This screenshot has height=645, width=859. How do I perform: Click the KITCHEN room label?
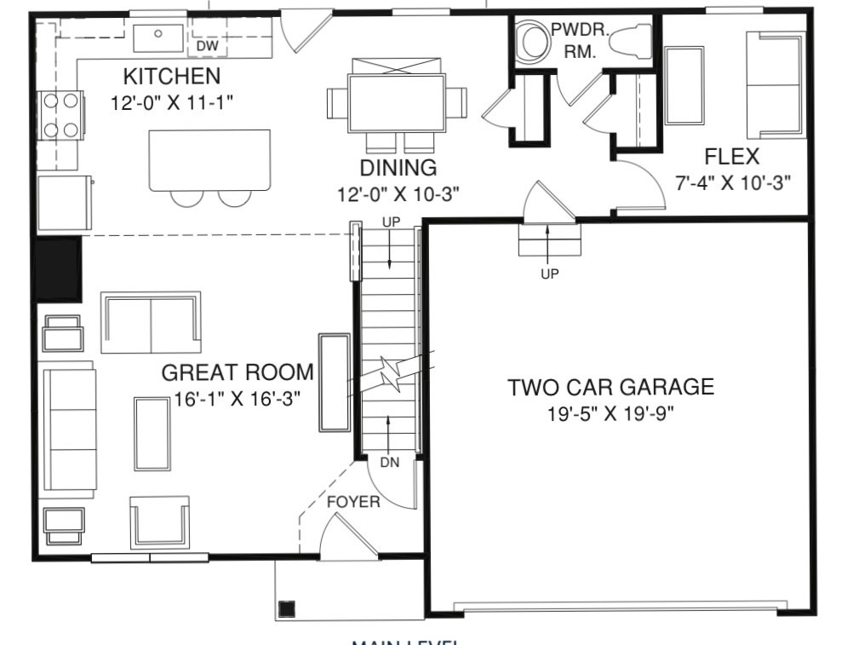(171, 77)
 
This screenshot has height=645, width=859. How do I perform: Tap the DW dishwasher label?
(207, 45)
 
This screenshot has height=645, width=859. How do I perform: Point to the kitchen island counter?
(210, 159)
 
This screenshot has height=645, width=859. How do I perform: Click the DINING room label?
(398, 167)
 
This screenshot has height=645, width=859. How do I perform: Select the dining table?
(397, 102)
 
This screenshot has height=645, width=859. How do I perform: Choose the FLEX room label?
(731, 158)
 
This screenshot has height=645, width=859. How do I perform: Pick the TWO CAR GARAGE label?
(610, 388)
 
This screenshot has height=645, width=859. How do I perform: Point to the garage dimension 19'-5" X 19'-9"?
(610, 415)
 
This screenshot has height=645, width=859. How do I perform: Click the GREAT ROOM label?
(238, 372)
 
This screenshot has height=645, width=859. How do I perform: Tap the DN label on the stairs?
(390, 463)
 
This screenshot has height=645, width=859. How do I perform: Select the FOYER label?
(353, 502)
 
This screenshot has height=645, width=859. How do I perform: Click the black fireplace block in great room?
(57, 269)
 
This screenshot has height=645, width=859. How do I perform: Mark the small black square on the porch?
(287, 608)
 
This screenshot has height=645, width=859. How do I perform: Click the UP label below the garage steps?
(549, 274)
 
